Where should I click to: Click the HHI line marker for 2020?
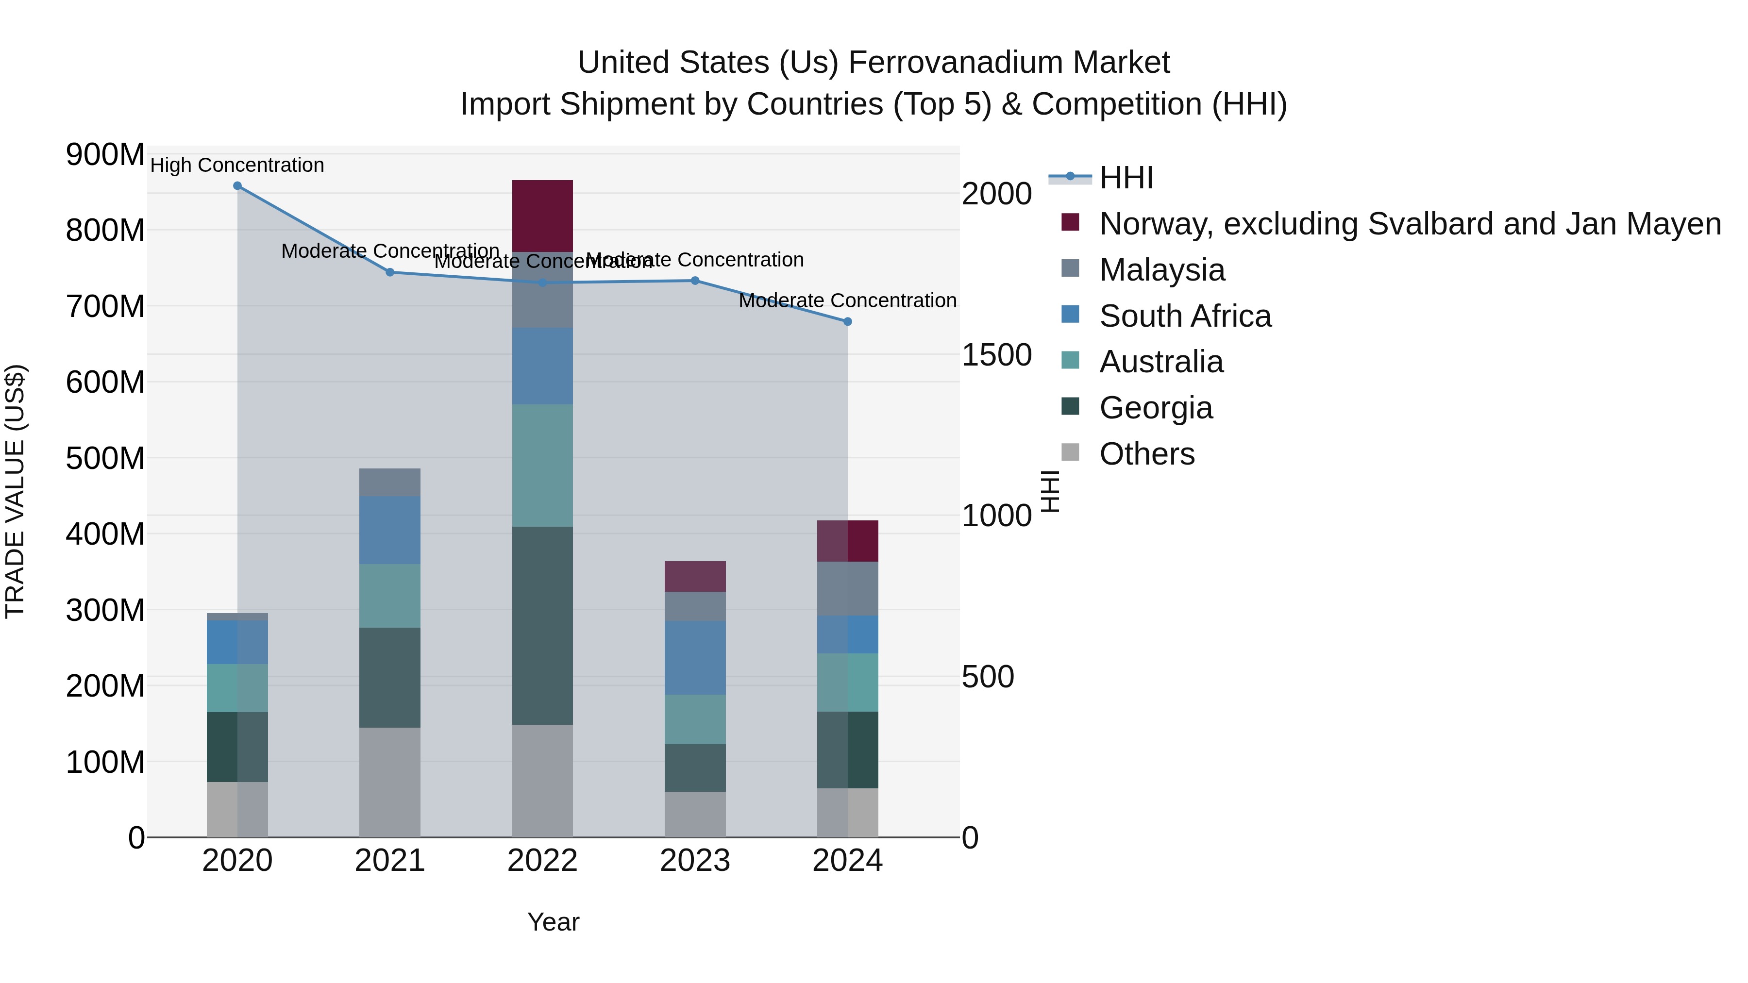pos(237,186)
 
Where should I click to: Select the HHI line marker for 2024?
pos(847,321)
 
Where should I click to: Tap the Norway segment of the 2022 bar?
pos(542,216)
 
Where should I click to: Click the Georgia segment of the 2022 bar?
pos(542,626)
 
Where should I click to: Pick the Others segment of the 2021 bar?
pos(389,782)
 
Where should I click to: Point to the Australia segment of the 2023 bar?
pos(695,719)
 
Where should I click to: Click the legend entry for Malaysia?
pos(1162,270)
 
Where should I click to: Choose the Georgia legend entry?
pos(1156,408)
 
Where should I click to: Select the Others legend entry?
pos(1147,454)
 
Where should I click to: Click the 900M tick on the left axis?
pos(105,155)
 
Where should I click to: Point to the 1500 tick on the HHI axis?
pos(997,355)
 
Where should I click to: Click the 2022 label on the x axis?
pos(542,861)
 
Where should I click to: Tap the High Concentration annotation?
pos(237,165)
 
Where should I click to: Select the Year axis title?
pos(553,922)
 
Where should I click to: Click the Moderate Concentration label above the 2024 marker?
pos(847,300)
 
